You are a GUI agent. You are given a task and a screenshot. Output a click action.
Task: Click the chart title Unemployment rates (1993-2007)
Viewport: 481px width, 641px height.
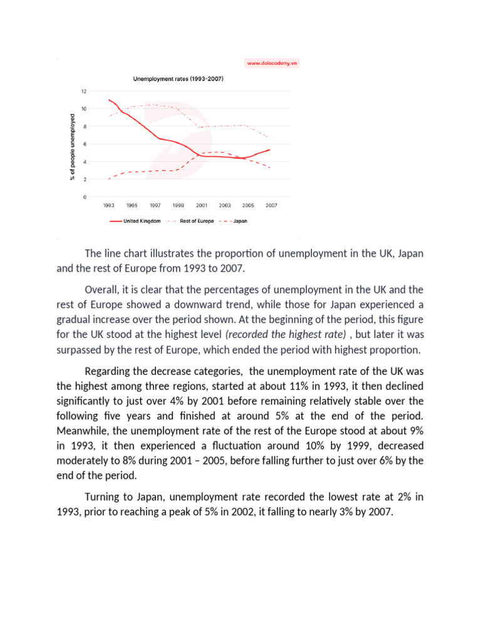click(178, 79)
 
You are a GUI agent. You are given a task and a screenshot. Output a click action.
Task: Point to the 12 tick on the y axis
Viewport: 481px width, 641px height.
click(84, 91)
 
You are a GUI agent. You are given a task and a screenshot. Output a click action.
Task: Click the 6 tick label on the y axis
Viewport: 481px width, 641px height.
click(85, 144)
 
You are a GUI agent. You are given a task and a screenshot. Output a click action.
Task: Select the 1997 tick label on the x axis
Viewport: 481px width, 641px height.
click(155, 205)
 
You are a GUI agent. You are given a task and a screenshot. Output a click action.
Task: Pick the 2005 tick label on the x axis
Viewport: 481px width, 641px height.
click(248, 205)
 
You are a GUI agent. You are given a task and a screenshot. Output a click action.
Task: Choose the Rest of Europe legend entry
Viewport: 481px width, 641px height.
click(197, 221)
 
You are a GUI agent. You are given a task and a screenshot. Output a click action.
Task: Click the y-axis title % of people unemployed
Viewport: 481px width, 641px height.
click(72, 146)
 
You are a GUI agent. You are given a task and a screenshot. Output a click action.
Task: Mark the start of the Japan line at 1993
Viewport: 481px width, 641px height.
click(109, 179)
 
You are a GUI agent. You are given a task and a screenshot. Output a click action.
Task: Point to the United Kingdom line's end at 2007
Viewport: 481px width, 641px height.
click(270, 150)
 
